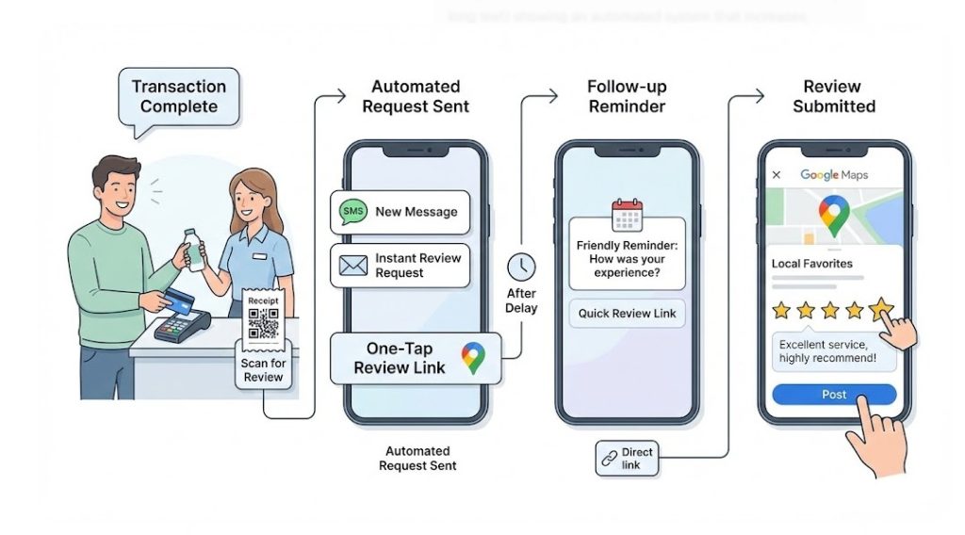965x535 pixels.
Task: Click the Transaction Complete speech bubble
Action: [x=178, y=96]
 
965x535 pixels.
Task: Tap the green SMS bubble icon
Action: [x=352, y=212]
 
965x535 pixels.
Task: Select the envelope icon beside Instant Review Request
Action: [x=353, y=266]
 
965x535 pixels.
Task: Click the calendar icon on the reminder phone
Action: [x=626, y=216]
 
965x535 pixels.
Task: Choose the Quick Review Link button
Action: [x=627, y=314]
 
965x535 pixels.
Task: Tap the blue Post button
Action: [x=834, y=395]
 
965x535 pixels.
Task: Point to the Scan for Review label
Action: [x=264, y=370]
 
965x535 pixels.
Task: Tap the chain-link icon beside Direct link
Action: [x=609, y=459]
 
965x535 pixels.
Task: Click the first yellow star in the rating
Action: [x=781, y=309]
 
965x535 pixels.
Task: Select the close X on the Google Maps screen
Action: [x=777, y=175]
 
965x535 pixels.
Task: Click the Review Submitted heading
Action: [x=834, y=96]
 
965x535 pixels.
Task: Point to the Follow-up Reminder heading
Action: [x=627, y=96]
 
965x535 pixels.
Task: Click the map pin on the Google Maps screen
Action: [x=832, y=215]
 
